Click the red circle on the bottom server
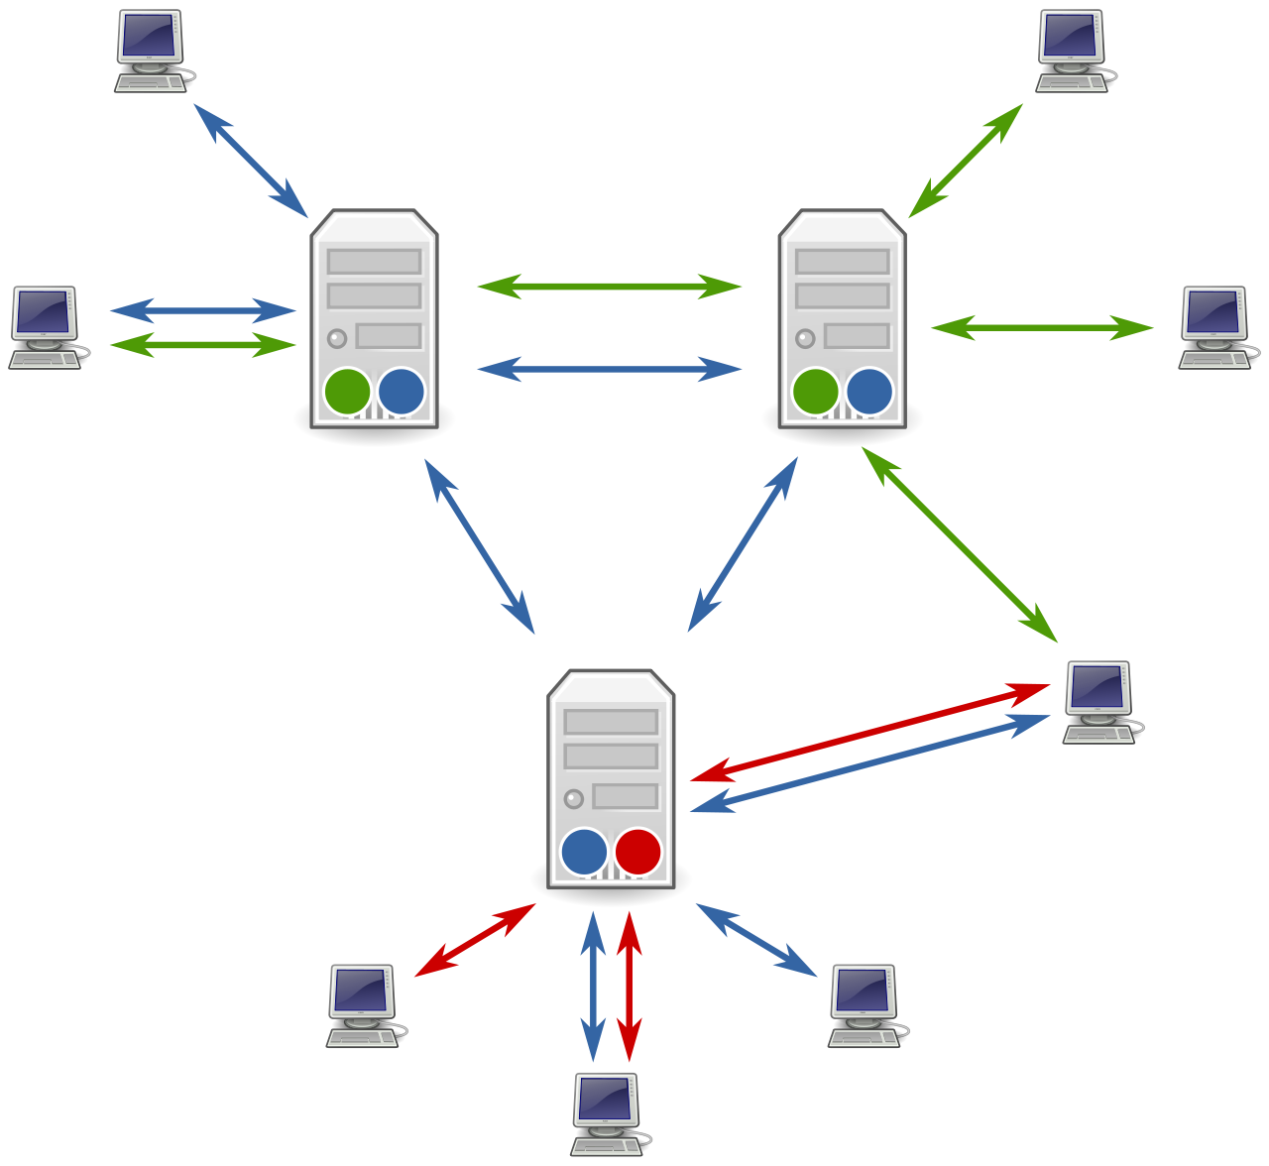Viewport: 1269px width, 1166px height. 637,852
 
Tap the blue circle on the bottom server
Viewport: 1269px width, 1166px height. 584,852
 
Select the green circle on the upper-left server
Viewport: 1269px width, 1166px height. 347,392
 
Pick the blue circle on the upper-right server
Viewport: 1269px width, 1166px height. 869,392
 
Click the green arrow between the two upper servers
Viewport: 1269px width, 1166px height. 609,287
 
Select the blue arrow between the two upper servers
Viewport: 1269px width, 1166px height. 609,369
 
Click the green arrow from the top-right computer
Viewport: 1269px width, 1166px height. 966,161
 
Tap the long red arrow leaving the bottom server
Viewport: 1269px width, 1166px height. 869,732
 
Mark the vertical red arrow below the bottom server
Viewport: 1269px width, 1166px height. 629,986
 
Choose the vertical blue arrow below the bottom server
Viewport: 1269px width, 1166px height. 593,986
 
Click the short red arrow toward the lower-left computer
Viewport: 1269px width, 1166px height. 475,940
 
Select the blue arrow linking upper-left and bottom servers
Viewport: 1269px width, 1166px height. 480,546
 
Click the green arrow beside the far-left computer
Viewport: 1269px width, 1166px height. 202,345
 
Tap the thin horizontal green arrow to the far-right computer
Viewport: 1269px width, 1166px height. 1042,327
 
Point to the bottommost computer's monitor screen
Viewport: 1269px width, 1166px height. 604,1098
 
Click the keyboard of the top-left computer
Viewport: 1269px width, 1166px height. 150,84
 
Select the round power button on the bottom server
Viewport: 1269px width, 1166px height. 573,798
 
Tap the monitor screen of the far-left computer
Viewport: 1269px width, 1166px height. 43,311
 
